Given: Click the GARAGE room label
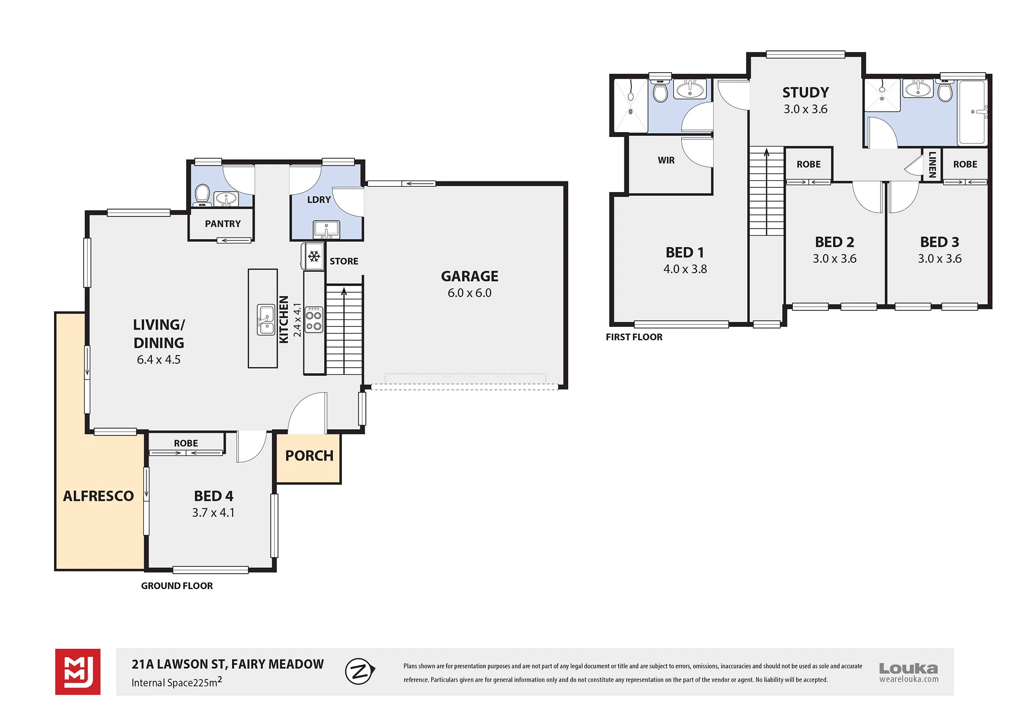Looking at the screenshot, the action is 469,276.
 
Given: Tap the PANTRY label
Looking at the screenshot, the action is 222,224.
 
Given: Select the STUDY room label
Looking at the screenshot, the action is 806,92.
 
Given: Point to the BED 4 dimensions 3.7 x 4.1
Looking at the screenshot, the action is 213,513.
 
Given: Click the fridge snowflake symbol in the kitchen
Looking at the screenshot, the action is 314,257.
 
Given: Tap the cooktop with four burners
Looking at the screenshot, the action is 314,319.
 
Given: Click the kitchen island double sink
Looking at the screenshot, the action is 266,319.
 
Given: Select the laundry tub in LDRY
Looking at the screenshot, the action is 326,229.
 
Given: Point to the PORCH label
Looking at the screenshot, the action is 309,456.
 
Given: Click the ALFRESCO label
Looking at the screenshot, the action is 98,496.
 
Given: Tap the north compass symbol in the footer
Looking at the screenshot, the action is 360,671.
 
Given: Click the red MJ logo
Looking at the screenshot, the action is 78,672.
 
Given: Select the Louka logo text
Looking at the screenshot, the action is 909,669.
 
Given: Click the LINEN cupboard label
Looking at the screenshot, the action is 932,164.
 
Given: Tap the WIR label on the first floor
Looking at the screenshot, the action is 666,160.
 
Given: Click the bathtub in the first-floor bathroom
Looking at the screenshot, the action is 972,112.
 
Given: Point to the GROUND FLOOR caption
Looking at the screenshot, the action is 177,586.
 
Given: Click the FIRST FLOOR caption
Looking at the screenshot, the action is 634,337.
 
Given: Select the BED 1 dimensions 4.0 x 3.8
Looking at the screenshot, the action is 685,269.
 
